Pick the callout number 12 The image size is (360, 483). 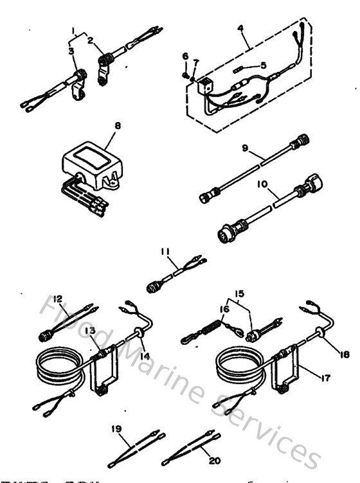coord(58,298)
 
